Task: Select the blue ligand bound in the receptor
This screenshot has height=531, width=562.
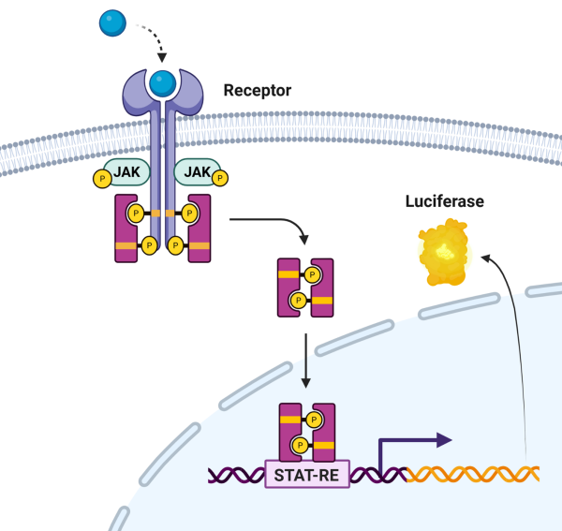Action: [164, 83]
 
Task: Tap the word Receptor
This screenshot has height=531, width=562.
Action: [257, 91]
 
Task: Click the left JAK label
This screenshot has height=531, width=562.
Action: [127, 172]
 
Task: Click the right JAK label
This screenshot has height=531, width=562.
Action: [198, 172]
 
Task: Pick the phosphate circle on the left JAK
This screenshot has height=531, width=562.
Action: [100, 178]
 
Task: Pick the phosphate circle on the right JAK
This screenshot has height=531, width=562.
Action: [220, 175]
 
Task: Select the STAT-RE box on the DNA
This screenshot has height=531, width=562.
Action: [307, 475]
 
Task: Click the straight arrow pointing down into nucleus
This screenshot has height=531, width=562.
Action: [305, 361]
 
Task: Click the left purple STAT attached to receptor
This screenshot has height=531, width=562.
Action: [126, 229]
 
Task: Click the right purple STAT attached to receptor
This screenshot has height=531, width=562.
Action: [200, 229]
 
